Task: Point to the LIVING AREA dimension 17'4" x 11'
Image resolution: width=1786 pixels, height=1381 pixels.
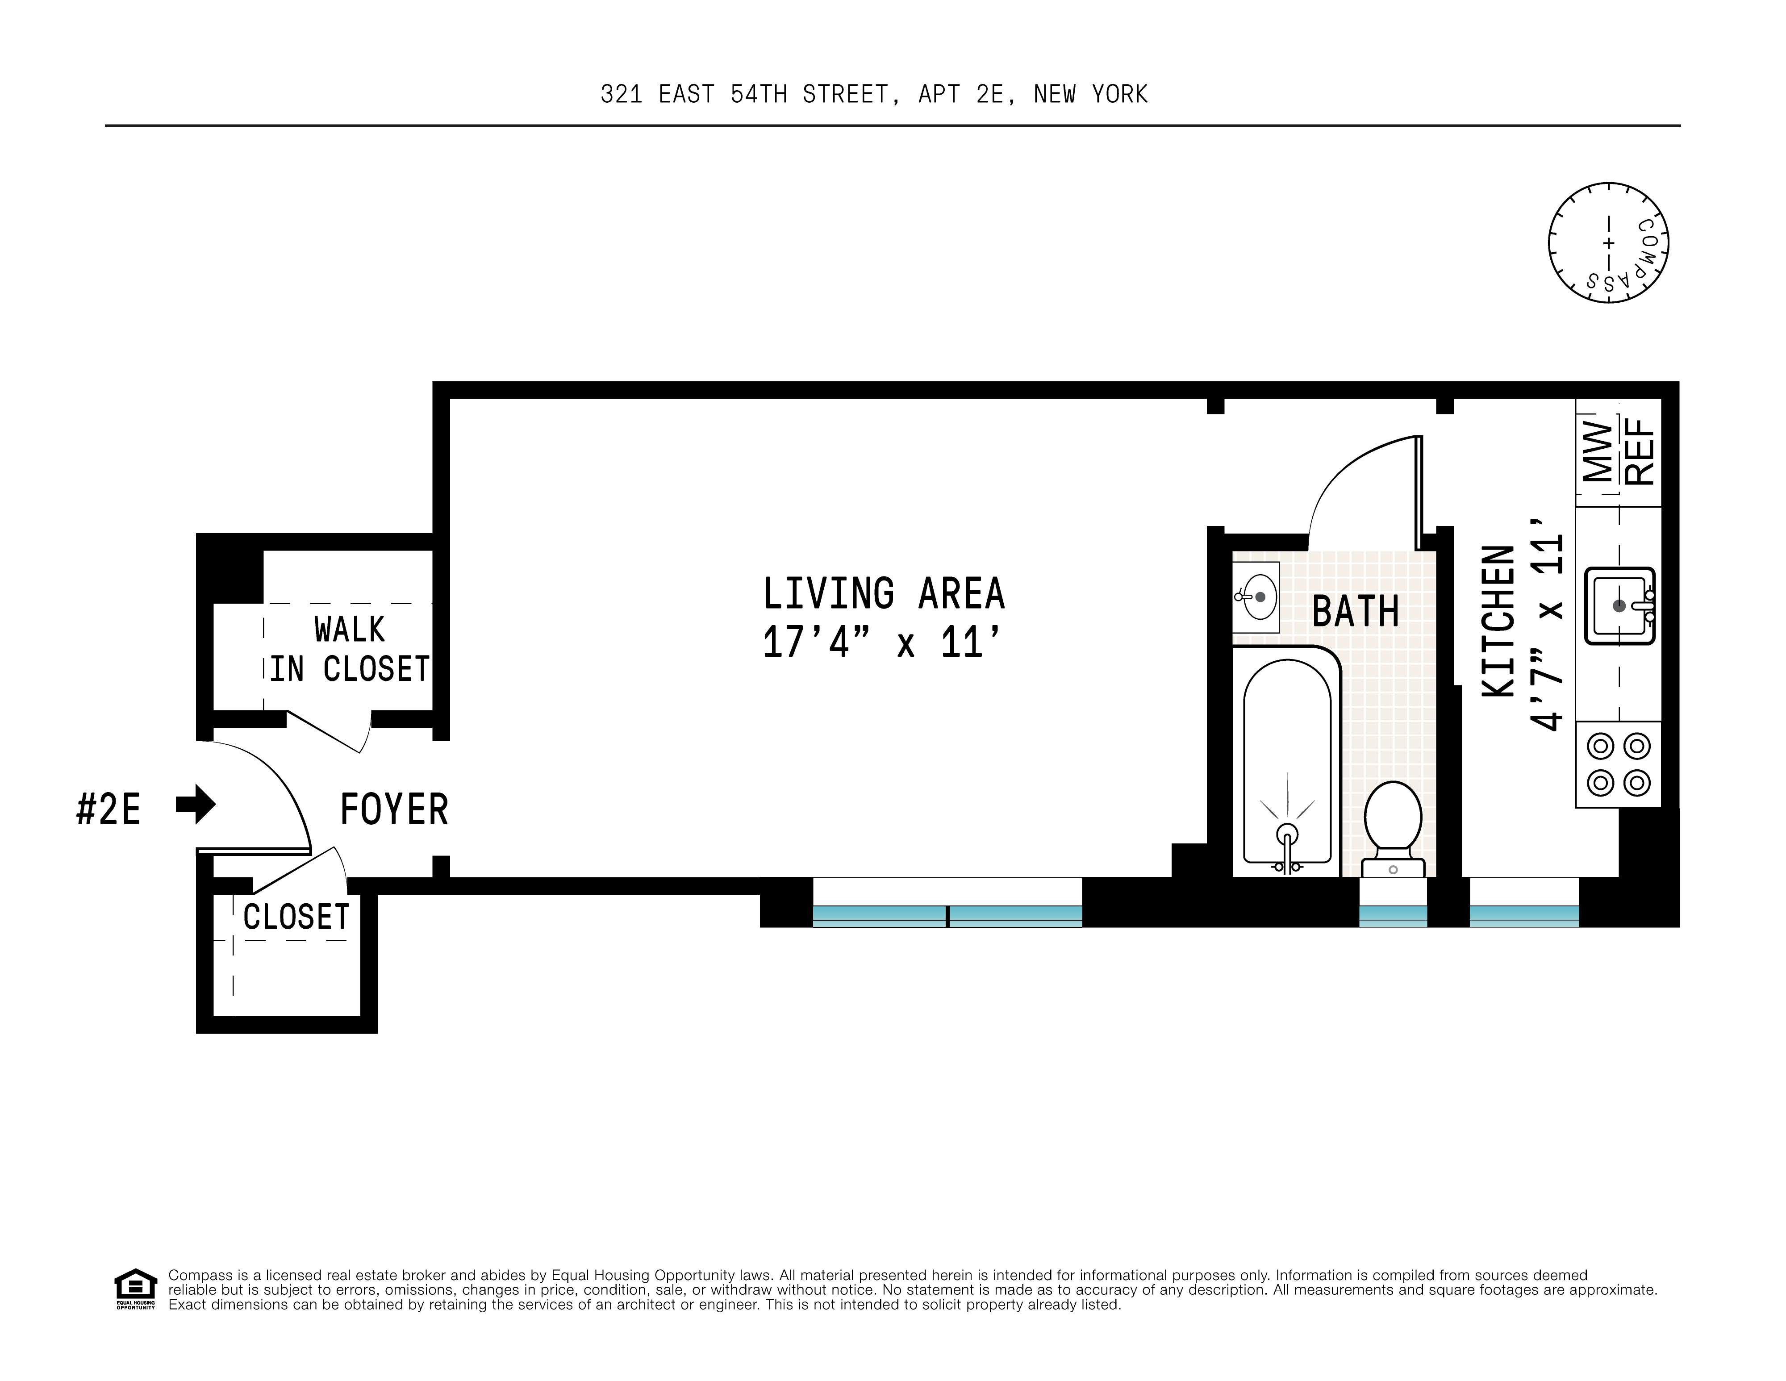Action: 881,643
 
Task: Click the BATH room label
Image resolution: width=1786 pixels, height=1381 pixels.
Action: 1355,612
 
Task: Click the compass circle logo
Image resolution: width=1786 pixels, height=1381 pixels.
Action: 1608,243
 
